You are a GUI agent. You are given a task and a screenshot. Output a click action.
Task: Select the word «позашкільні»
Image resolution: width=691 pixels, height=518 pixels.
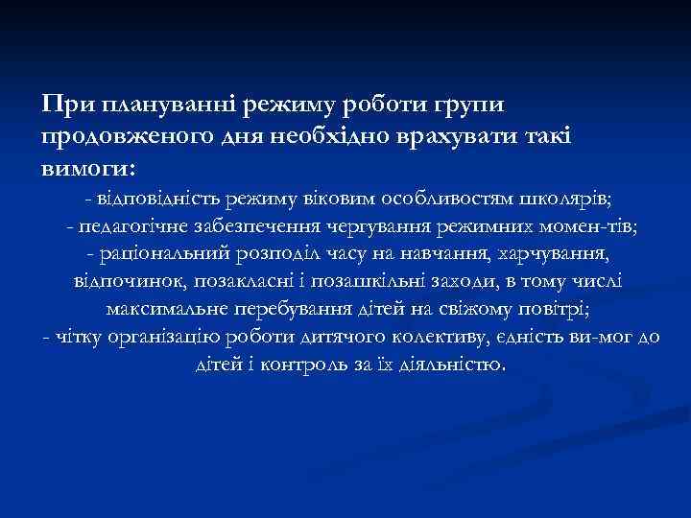coord(370,283)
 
